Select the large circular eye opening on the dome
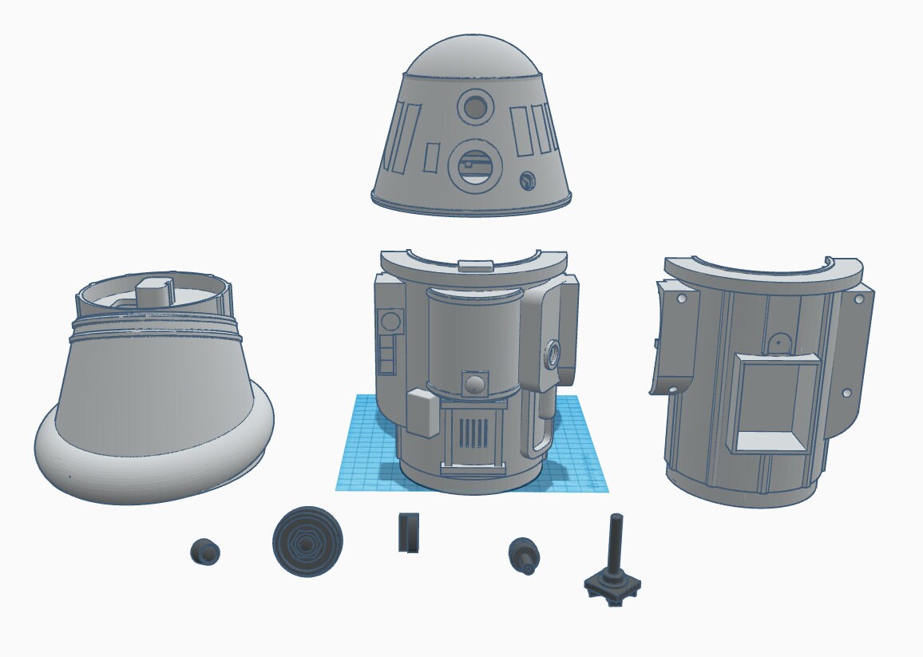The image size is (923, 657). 476,168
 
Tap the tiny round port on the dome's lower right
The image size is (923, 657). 527,180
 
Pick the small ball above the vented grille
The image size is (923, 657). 475,384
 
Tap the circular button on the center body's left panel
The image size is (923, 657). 390,323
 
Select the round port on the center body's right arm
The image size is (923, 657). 552,352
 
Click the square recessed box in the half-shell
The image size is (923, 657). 774,403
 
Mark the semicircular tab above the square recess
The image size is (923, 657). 778,342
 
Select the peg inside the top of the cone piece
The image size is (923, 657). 156,289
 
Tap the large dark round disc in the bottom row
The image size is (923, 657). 308,541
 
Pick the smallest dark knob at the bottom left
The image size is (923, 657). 205,552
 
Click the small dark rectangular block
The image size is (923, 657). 408,533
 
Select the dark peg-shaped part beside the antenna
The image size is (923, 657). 525,553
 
